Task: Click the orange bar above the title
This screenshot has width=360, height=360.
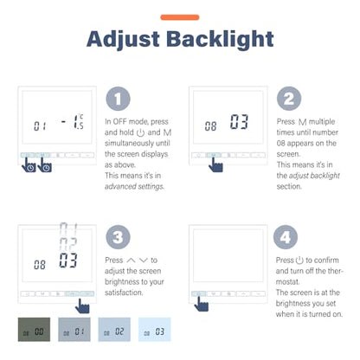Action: pyautogui.click(x=180, y=17)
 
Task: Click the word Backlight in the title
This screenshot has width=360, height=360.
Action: pyautogui.click(x=220, y=39)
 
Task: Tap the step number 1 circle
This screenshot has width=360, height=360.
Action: pyautogui.click(x=118, y=99)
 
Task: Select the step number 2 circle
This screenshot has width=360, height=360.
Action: pyautogui.click(x=289, y=99)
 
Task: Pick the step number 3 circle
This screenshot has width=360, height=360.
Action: pyautogui.click(x=118, y=237)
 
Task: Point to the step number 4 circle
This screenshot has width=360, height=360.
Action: pyautogui.click(x=286, y=237)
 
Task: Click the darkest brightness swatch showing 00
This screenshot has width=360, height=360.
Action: pyautogui.click(x=34, y=330)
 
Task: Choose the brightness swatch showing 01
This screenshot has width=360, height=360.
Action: pyautogui.click(x=74, y=330)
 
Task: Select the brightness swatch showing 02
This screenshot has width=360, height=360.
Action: pyautogui.click(x=114, y=330)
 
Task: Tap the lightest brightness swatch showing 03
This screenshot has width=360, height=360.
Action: pyautogui.click(x=155, y=330)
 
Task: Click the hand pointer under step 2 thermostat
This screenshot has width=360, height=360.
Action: pyautogui.click(x=215, y=165)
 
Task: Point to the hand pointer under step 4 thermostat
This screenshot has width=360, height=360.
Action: pyautogui.click(x=201, y=304)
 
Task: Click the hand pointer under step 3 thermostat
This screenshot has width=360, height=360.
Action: pyautogui.click(x=82, y=306)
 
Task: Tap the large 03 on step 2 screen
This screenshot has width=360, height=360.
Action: pyautogui.click(x=239, y=121)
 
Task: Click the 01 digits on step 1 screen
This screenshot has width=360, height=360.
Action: pyautogui.click(x=40, y=126)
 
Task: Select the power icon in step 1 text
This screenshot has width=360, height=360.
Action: pyautogui.click(x=140, y=132)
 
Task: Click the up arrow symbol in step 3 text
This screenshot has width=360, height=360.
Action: pyautogui.click(x=131, y=260)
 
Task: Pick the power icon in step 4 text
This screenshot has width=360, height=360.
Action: pyautogui.click(x=299, y=260)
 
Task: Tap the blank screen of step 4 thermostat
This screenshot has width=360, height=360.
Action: pyautogui.click(x=228, y=255)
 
